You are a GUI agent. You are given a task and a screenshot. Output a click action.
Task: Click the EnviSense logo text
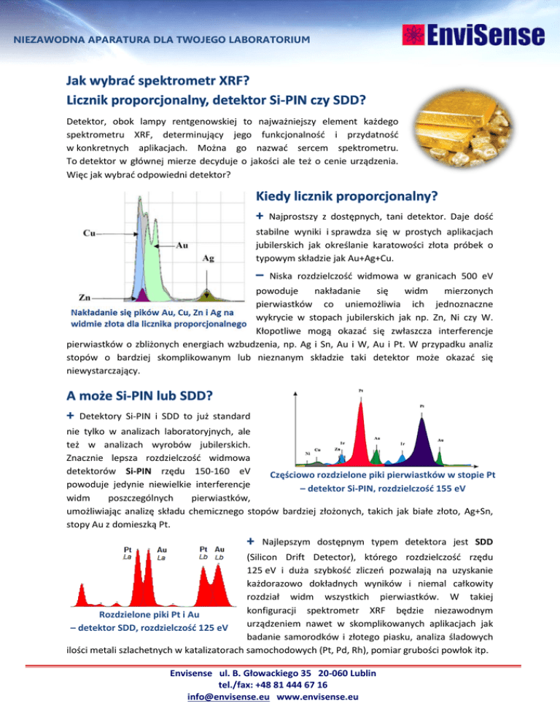485,35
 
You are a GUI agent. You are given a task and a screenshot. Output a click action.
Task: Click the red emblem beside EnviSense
411,35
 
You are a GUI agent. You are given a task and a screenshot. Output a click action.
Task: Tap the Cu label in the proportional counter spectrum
90,233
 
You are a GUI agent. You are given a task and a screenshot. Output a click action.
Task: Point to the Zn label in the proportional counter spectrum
84,297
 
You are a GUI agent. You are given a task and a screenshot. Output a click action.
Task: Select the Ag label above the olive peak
208,257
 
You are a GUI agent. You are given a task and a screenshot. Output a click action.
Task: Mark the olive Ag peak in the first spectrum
208,295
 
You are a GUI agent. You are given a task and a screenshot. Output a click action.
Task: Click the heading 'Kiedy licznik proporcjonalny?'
346,196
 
